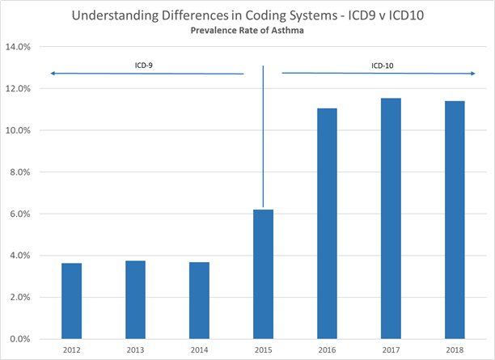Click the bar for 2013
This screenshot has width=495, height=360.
[x=135, y=299]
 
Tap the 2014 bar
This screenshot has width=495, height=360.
[x=199, y=300]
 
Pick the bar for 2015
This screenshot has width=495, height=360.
[x=263, y=274]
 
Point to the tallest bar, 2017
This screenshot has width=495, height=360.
[x=391, y=218]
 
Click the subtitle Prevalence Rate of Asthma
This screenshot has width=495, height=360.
[x=247, y=31]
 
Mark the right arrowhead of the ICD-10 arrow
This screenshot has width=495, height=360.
[x=472, y=74]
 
